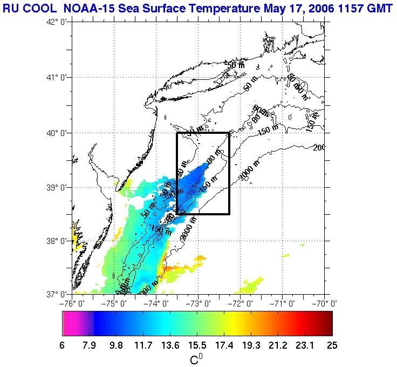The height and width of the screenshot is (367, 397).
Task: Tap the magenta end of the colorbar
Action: click(x=67, y=323)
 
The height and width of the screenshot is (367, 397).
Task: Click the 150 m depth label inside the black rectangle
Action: click(x=206, y=186)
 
